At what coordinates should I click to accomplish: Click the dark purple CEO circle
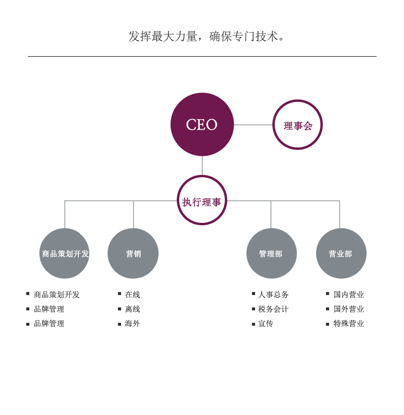click(x=202, y=124)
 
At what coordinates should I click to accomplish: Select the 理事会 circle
click(x=297, y=125)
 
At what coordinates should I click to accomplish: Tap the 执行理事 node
click(x=202, y=200)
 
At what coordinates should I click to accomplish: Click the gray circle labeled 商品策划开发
click(x=64, y=254)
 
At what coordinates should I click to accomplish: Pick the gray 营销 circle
click(x=133, y=254)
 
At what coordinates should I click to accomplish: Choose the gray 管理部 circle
click(x=271, y=254)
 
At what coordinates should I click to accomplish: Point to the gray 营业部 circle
click(x=341, y=254)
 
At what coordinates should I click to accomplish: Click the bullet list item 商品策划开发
click(x=57, y=294)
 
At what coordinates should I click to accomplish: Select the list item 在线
click(x=133, y=294)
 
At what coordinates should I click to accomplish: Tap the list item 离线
click(x=133, y=309)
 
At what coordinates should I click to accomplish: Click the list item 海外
click(x=133, y=323)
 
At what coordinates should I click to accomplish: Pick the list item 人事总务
click(x=273, y=294)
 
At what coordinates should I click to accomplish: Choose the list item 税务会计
click(x=273, y=309)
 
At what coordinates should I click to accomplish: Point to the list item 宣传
click(x=266, y=323)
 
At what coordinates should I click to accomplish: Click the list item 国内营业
click(x=349, y=294)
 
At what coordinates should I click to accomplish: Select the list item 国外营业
click(x=349, y=309)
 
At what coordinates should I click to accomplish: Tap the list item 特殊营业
click(x=349, y=323)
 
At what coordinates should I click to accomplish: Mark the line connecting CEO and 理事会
click(x=253, y=125)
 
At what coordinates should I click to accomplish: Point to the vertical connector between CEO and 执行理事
click(x=202, y=166)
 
